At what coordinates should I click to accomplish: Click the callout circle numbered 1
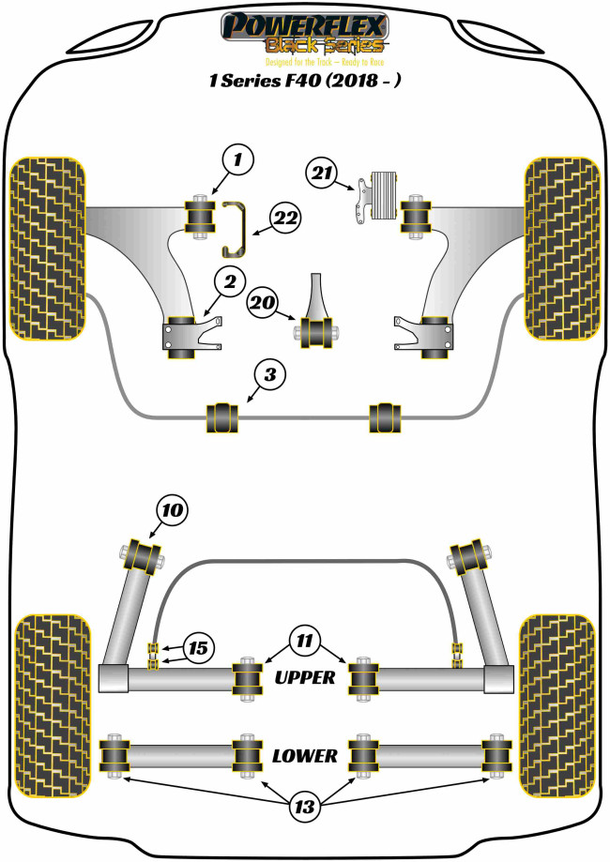(237, 160)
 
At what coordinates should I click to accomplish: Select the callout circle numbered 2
(229, 282)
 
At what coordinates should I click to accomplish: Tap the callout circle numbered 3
(269, 375)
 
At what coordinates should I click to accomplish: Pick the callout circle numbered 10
(172, 510)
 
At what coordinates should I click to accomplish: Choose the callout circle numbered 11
(305, 641)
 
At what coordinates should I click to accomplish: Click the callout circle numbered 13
(304, 807)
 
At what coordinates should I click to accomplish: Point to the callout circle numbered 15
(198, 649)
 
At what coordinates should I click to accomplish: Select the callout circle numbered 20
(263, 302)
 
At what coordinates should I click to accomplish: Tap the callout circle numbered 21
(322, 174)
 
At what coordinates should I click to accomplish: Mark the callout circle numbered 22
(286, 219)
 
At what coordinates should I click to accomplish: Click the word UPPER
(305, 678)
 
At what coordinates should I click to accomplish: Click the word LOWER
(305, 756)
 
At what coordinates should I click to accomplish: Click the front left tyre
(49, 249)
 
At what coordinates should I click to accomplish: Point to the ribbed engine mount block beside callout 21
(385, 196)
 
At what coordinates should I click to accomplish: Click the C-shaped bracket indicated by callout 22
(235, 230)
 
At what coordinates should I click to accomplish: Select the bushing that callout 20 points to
(317, 332)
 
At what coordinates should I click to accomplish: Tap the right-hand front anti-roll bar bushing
(385, 417)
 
